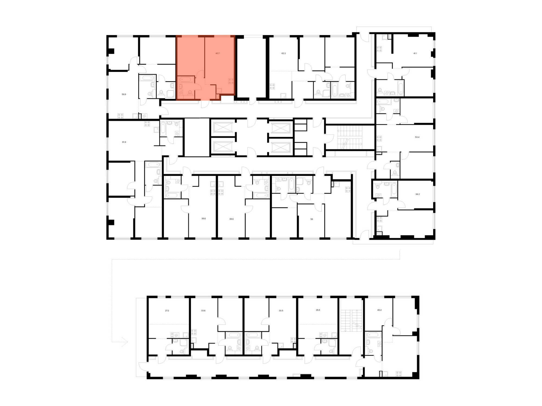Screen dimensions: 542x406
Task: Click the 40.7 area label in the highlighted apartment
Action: tap(218, 53)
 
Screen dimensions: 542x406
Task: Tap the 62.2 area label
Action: tap(283, 53)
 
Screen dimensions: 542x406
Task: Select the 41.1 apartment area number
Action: tap(415, 53)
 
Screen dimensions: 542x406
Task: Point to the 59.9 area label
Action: tap(124, 94)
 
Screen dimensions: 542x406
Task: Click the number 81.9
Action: tap(124, 142)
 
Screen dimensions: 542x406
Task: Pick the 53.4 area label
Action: tap(417, 137)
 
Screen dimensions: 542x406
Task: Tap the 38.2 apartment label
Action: tap(417, 194)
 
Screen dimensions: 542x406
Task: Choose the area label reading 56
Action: tap(312, 219)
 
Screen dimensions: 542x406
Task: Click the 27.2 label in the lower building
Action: tap(167, 310)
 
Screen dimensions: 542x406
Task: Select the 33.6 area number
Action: tap(203, 310)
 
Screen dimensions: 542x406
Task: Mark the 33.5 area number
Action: tap(281, 310)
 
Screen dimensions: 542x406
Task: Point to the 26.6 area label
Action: tap(318, 310)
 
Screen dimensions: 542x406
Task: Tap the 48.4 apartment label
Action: tap(379, 310)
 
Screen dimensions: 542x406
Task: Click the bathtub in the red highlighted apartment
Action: tap(186, 80)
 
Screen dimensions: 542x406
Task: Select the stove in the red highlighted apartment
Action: tap(231, 81)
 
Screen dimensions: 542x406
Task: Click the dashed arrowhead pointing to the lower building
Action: tap(125, 342)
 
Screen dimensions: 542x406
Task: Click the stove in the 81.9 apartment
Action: tap(147, 124)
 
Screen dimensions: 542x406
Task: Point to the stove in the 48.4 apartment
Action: tap(399, 374)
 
